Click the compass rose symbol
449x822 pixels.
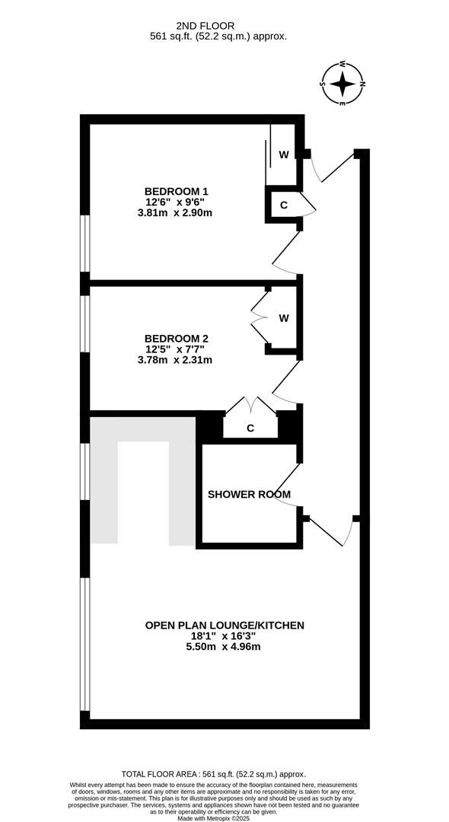point(342,84)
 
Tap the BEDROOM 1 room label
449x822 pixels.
point(172,191)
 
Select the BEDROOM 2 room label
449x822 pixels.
point(172,339)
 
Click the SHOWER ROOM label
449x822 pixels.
point(249,495)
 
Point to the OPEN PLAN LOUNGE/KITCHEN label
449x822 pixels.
point(224,626)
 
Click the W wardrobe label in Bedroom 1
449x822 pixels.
point(283,155)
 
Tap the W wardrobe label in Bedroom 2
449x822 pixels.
point(283,317)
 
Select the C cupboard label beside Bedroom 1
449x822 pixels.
point(283,205)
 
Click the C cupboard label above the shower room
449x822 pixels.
point(250,429)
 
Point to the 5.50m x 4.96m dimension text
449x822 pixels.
point(224,647)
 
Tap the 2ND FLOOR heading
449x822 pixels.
point(205,25)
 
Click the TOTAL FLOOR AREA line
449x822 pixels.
point(213,774)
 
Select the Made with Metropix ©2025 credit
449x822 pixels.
point(213,817)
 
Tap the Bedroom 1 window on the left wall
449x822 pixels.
point(85,244)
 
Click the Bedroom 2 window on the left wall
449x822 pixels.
point(85,323)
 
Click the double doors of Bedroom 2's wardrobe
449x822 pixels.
point(260,317)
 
